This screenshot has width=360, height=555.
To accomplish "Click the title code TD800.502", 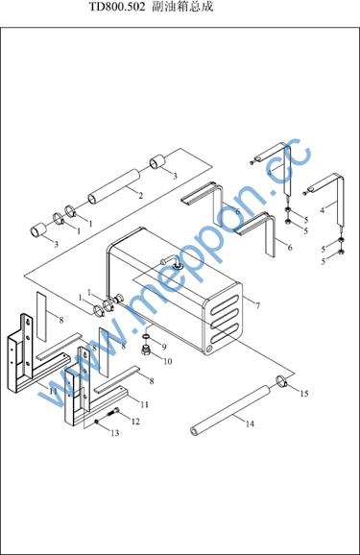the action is pyautogui.click(x=116, y=7).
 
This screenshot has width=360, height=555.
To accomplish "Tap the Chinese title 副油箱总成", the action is pyautogui.click(x=182, y=7).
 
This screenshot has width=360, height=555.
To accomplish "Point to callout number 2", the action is pyautogui.click(x=140, y=195).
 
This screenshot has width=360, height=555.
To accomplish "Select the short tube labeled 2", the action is pyautogui.click(x=114, y=186).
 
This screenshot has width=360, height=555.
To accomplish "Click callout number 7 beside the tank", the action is pyautogui.click(x=257, y=305).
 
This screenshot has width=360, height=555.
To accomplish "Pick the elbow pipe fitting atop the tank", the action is pyautogui.click(x=171, y=261).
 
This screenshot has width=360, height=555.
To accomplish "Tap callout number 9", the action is pyautogui.click(x=164, y=347).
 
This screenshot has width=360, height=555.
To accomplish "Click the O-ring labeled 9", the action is pyautogui.click(x=146, y=335).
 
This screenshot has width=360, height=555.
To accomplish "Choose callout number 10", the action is pyautogui.click(x=167, y=361).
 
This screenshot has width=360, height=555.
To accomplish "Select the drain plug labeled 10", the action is pyautogui.click(x=146, y=350).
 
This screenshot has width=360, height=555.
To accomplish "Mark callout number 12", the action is pyautogui.click(x=135, y=422).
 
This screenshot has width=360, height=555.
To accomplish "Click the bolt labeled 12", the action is pyautogui.click(x=112, y=412).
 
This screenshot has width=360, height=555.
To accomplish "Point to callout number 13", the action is pyautogui.click(x=115, y=433).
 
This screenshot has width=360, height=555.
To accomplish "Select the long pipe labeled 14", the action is pyautogui.click(x=231, y=410).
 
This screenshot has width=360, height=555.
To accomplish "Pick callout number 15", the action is pyautogui.click(x=304, y=394).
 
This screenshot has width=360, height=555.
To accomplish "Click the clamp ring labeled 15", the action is pyautogui.click(x=282, y=381).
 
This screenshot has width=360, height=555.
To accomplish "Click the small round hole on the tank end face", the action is pyautogui.click(x=207, y=349).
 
